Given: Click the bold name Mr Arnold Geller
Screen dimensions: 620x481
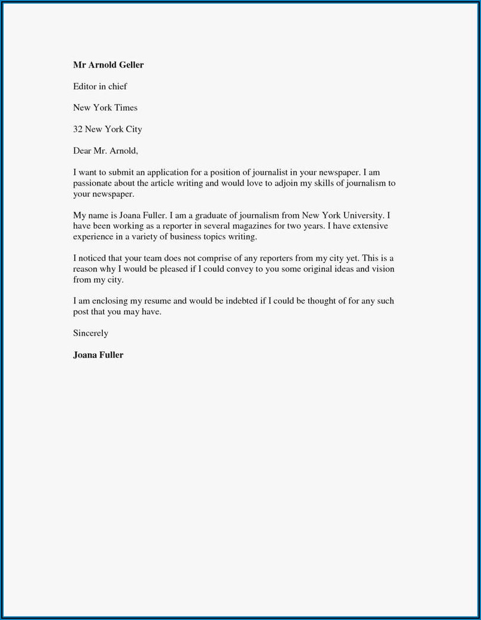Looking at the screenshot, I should [x=108, y=65].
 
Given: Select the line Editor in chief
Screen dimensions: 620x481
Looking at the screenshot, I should [x=100, y=86].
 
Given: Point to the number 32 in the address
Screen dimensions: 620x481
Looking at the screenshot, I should [x=78, y=129].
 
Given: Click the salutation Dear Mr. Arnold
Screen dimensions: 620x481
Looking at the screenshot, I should [x=105, y=151].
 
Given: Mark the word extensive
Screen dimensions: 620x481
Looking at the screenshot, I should [x=366, y=226].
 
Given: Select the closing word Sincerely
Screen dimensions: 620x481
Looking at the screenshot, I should [x=90, y=333].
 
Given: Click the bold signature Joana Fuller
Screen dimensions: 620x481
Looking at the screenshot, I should [x=98, y=355].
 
